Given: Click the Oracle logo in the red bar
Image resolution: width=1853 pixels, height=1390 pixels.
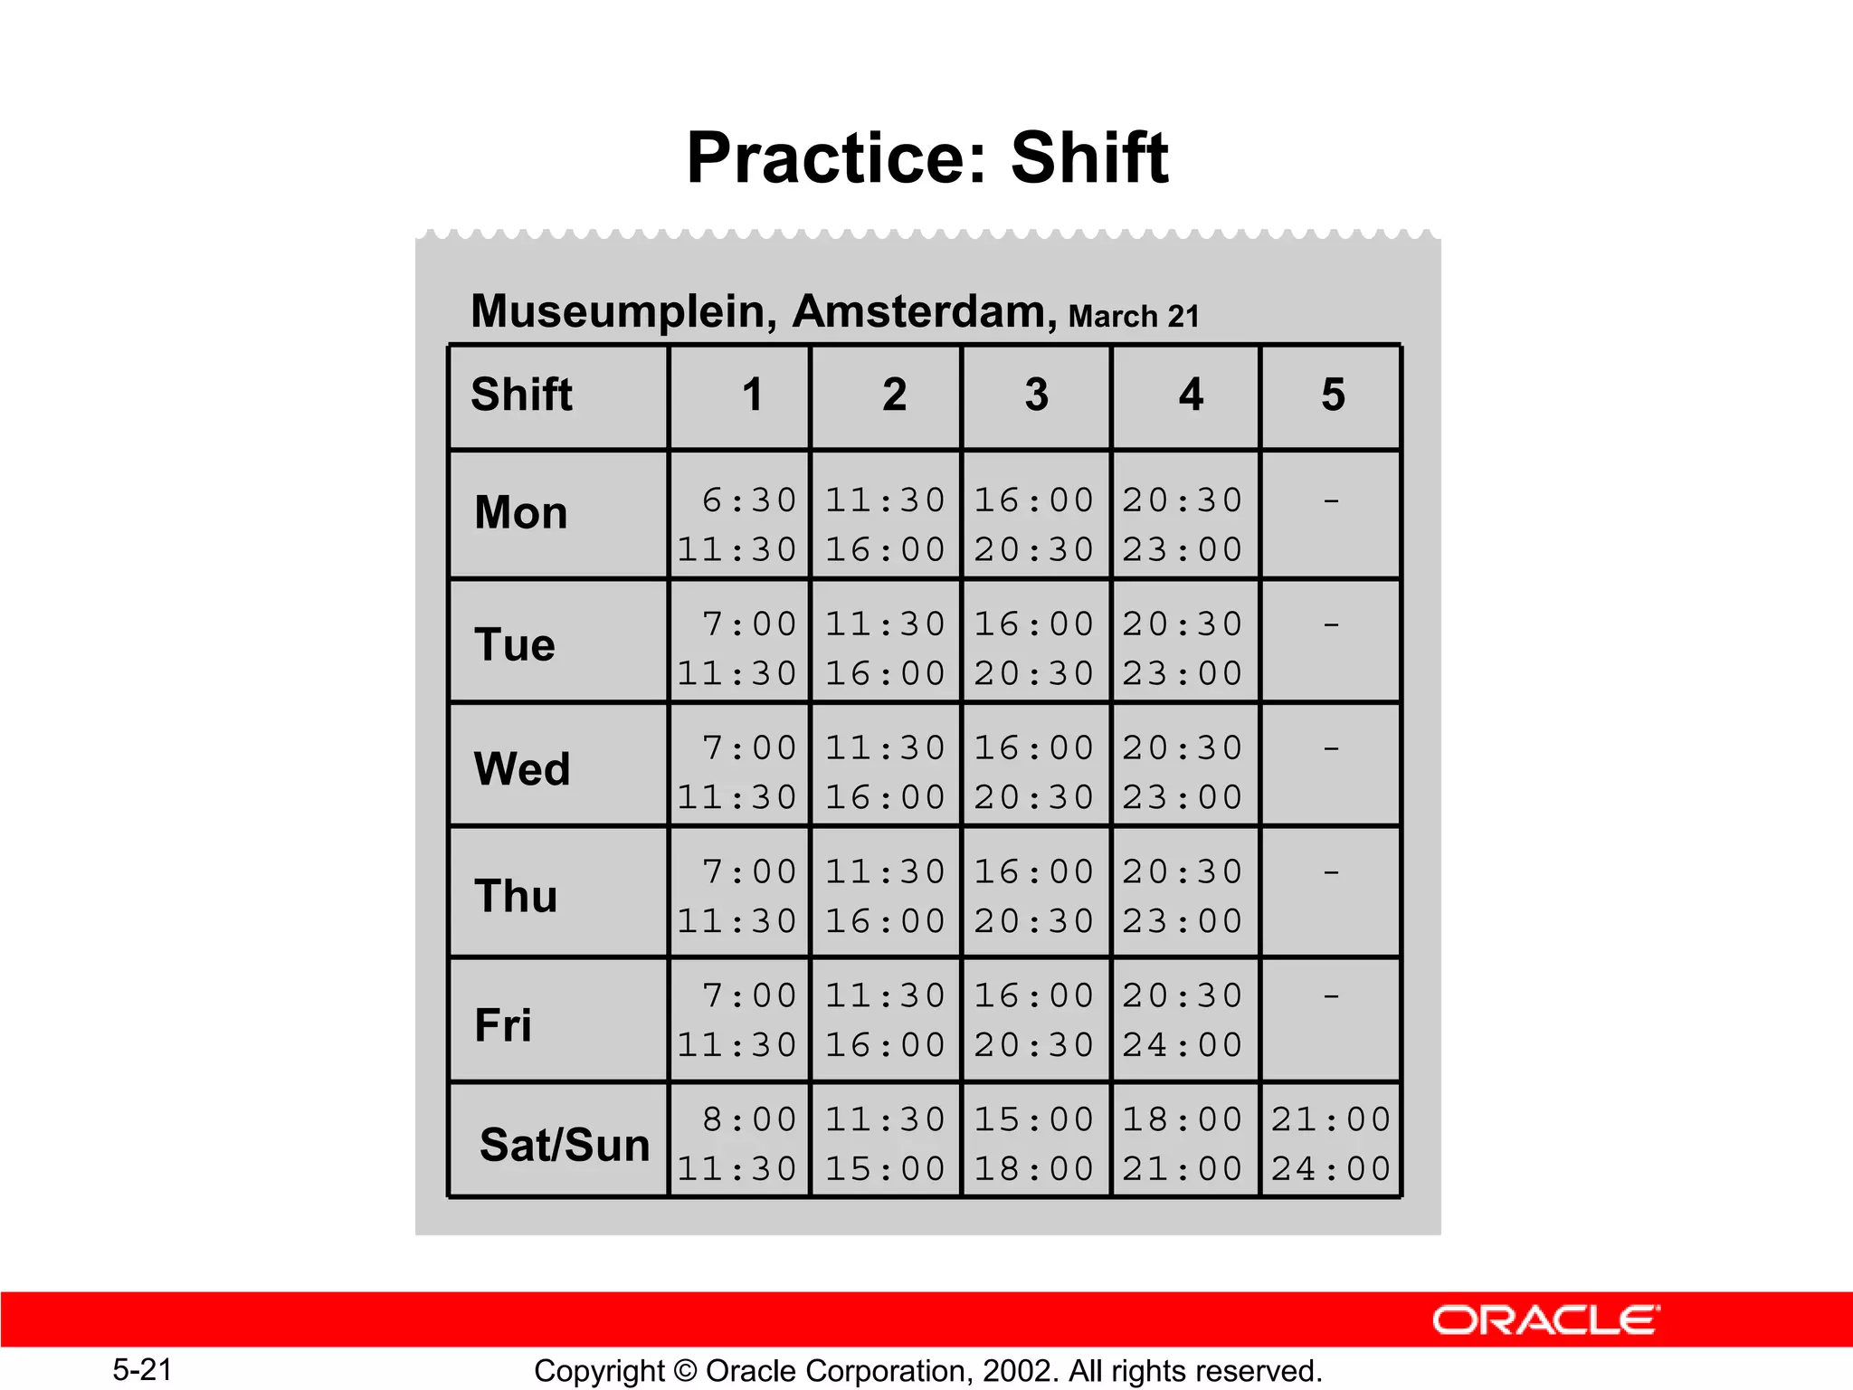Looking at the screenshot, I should [x=1545, y=1320].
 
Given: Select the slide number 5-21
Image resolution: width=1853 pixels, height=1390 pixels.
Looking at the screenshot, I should [x=142, y=1369].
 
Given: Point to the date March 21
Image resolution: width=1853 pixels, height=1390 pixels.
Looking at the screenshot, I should [x=1134, y=317].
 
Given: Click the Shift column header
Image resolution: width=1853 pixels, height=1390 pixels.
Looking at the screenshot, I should [x=522, y=395].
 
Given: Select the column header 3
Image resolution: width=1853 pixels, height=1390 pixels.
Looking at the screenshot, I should [x=1037, y=395].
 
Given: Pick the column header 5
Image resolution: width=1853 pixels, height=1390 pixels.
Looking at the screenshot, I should [x=1333, y=395].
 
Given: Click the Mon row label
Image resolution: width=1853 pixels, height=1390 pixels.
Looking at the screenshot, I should [x=521, y=512].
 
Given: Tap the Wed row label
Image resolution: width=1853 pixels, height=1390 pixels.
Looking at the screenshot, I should [x=522, y=769].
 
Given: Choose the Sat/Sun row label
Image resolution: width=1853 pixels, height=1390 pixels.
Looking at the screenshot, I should [x=565, y=1145].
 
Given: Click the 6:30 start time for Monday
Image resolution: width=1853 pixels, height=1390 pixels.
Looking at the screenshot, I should [x=749, y=500].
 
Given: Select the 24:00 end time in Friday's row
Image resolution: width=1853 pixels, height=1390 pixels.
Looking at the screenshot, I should [x=1183, y=1045].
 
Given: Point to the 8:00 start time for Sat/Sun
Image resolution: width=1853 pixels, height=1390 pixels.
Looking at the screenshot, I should [x=749, y=1120].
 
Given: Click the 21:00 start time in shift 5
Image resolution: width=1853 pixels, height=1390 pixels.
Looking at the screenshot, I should [x=1331, y=1120].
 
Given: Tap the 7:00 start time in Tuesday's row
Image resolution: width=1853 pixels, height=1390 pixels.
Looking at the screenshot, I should [x=749, y=624].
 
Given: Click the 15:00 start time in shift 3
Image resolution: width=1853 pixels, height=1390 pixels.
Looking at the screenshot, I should [x=1034, y=1120].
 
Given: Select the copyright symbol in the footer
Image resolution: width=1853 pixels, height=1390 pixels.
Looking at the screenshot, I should [x=686, y=1371].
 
